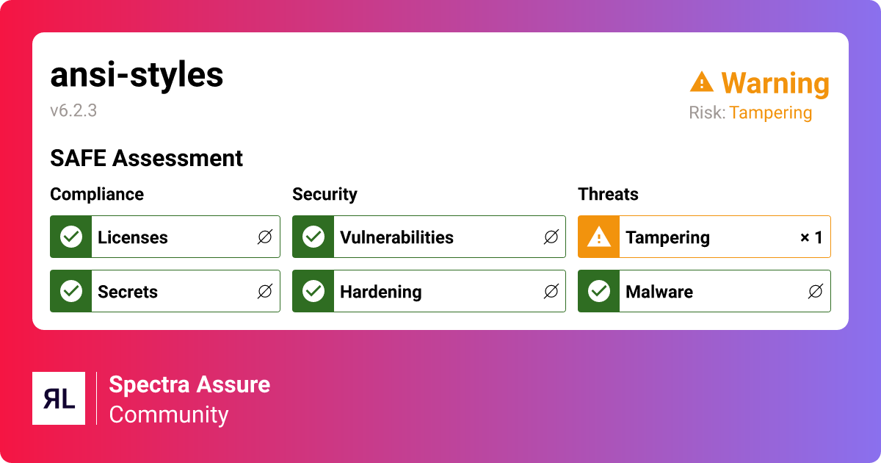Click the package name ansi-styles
pyautogui.click(x=137, y=75)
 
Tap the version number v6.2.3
pyautogui.click(x=73, y=111)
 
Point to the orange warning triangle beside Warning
pyautogui.click(x=702, y=82)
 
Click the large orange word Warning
pyautogui.click(x=775, y=84)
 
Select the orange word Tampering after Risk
pyautogui.click(x=770, y=113)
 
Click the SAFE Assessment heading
pyautogui.click(x=146, y=158)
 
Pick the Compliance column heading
pyautogui.click(x=97, y=194)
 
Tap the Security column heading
pyautogui.click(x=325, y=194)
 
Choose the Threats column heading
pyautogui.click(x=608, y=194)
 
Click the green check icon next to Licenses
pyautogui.click(x=71, y=237)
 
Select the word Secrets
pyautogui.click(x=128, y=292)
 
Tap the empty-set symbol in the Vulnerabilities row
pyautogui.click(x=551, y=237)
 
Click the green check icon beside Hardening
pyautogui.click(x=313, y=292)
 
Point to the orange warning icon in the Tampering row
pyautogui.click(x=599, y=237)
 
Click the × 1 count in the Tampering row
pyautogui.click(x=811, y=237)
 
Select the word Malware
pyautogui.click(x=659, y=292)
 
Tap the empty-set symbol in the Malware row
pyautogui.click(x=815, y=292)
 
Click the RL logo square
pyautogui.click(x=59, y=398)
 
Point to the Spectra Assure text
pyautogui.click(x=189, y=384)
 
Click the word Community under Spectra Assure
pyautogui.click(x=169, y=414)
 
